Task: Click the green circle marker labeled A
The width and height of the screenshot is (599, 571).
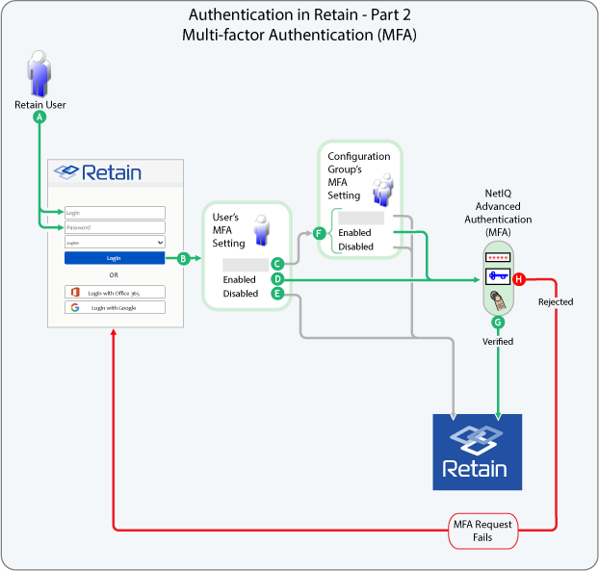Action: (x=39, y=117)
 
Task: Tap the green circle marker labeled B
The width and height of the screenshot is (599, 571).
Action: (x=183, y=258)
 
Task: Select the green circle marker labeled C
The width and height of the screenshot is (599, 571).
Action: (x=276, y=263)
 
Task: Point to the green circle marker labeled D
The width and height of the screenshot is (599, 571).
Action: (x=276, y=279)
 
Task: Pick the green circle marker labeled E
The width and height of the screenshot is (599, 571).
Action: (x=276, y=294)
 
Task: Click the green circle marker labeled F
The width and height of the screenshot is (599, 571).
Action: (x=319, y=232)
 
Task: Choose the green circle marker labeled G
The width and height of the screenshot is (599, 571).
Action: (x=498, y=323)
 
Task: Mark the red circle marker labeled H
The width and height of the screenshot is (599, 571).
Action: (x=519, y=279)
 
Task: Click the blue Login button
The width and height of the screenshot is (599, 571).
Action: (x=115, y=258)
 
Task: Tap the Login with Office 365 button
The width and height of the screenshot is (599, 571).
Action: (x=115, y=292)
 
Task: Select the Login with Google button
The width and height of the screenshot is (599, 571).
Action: (x=115, y=308)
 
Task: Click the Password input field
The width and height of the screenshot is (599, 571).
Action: (x=115, y=227)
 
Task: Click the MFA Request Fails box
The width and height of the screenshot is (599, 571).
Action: (x=482, y=531)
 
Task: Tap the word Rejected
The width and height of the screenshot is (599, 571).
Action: (x=555, y=301)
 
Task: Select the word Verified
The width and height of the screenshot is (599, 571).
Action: (x=498, y=341)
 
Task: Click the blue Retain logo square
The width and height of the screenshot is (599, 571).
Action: (x=477, y=452)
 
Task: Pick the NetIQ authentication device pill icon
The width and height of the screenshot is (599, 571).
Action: (x=498, y=279)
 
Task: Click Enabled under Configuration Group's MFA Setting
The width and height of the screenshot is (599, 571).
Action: (x=354, y=233)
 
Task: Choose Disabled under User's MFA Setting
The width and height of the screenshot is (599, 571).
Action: (x=241, y=294)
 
